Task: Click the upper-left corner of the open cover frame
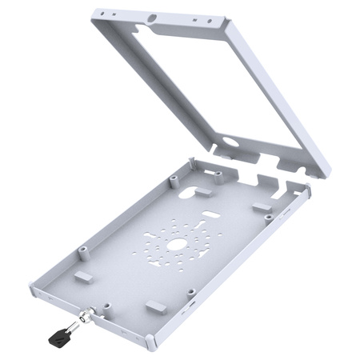[x=90, y=11]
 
